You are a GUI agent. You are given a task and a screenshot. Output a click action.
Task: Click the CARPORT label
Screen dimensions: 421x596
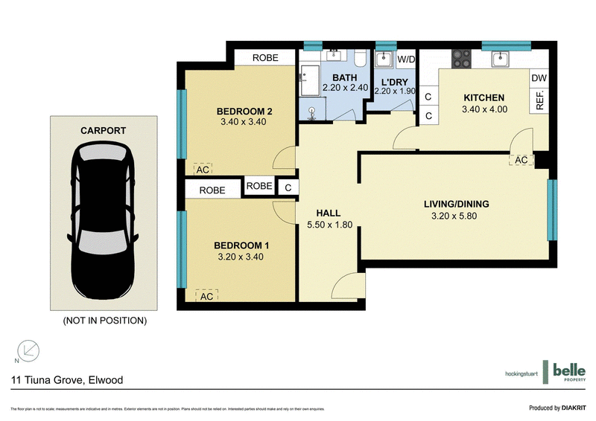tap(103, 130)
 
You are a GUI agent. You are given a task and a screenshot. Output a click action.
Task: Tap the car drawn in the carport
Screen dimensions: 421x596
tap(103, 216)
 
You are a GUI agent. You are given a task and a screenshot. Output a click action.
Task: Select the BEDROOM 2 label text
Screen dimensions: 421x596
tap(244, 112)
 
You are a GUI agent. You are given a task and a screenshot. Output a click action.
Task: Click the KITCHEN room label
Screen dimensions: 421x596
tap(484, 97)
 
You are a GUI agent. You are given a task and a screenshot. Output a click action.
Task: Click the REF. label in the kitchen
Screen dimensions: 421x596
tap(541, 100)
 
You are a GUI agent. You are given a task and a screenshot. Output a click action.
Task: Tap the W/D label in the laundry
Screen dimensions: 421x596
tap(406, 59)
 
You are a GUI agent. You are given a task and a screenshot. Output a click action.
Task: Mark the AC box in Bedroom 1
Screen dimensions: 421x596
tap(206, 296)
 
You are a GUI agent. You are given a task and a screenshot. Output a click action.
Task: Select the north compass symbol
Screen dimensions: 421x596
tap(28, 350)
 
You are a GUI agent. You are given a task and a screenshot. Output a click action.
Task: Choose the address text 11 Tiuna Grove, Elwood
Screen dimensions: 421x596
tap(67, 380)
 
